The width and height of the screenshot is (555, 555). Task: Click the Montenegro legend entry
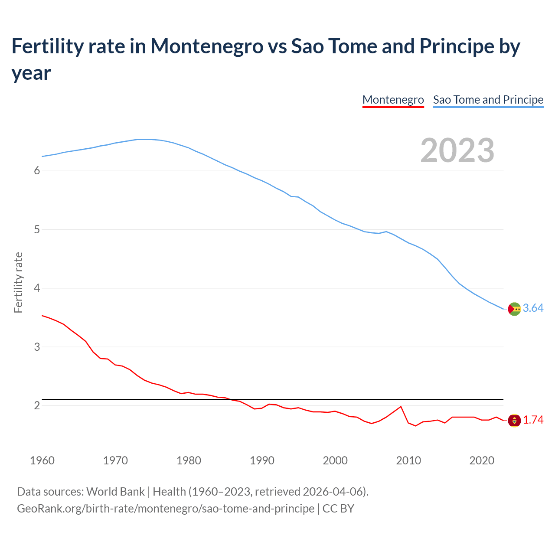click(393, 100)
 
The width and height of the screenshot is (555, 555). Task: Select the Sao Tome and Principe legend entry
click(488, 100)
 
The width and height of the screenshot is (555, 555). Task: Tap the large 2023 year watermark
click(457, 150)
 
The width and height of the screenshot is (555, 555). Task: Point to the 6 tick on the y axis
click(37, 171)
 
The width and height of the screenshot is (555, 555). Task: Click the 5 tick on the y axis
click(37, 229)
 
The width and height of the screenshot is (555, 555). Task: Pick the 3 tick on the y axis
click(37, 347)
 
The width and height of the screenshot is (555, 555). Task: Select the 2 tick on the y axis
click(37, 405)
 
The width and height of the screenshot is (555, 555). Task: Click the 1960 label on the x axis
click(42, 460)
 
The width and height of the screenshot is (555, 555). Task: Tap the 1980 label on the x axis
click(189, 460)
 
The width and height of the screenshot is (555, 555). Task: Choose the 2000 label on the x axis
click(335, 460)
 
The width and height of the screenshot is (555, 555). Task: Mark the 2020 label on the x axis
click(482, 460)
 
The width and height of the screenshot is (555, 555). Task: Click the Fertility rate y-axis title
click(18, 282)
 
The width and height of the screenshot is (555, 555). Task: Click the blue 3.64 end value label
click(533, 308)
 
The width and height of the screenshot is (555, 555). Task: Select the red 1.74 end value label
click(533, 420)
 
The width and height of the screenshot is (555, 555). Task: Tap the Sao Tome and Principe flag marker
click(514, 309)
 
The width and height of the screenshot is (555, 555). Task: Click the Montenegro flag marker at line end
click(514, 420)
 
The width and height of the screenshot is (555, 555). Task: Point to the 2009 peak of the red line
click(401, 407)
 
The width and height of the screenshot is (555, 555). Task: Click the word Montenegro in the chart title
click(206, 46)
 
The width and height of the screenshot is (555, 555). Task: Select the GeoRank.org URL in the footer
click(166, 508)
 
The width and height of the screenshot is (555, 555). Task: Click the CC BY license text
click(338, 508)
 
